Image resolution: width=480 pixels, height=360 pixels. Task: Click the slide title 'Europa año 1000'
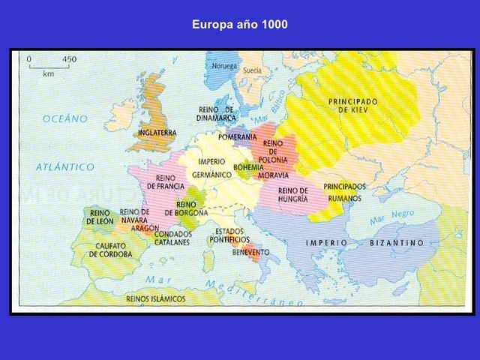[240, 25]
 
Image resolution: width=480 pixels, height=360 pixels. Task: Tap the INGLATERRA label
[157, 133]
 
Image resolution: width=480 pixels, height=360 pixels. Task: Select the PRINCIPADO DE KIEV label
[353, 105]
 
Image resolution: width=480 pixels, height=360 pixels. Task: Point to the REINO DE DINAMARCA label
[216, 113]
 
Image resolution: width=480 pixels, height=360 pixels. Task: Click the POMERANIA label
[238, 137]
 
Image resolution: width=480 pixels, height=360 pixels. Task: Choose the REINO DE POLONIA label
[273, 151]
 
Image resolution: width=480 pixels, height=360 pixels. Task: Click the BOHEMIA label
[248, 166]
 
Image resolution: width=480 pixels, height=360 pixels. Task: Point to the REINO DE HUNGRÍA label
[293, 194]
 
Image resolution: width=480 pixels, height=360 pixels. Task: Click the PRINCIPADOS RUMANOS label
[345, 192]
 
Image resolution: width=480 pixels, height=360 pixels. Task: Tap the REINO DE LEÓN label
[98, 217]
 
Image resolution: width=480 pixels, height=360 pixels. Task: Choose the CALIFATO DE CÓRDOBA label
[110, 250]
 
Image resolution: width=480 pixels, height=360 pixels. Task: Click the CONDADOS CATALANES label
[172, 238]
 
